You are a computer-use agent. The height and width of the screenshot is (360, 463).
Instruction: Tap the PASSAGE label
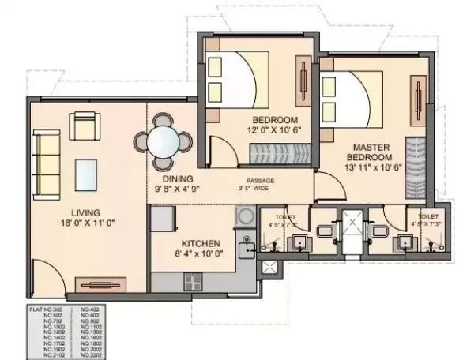(258, 180)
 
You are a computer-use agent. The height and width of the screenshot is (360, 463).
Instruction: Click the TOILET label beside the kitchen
(285, 216)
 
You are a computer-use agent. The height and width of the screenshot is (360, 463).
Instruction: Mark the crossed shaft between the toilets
(348, 229)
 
